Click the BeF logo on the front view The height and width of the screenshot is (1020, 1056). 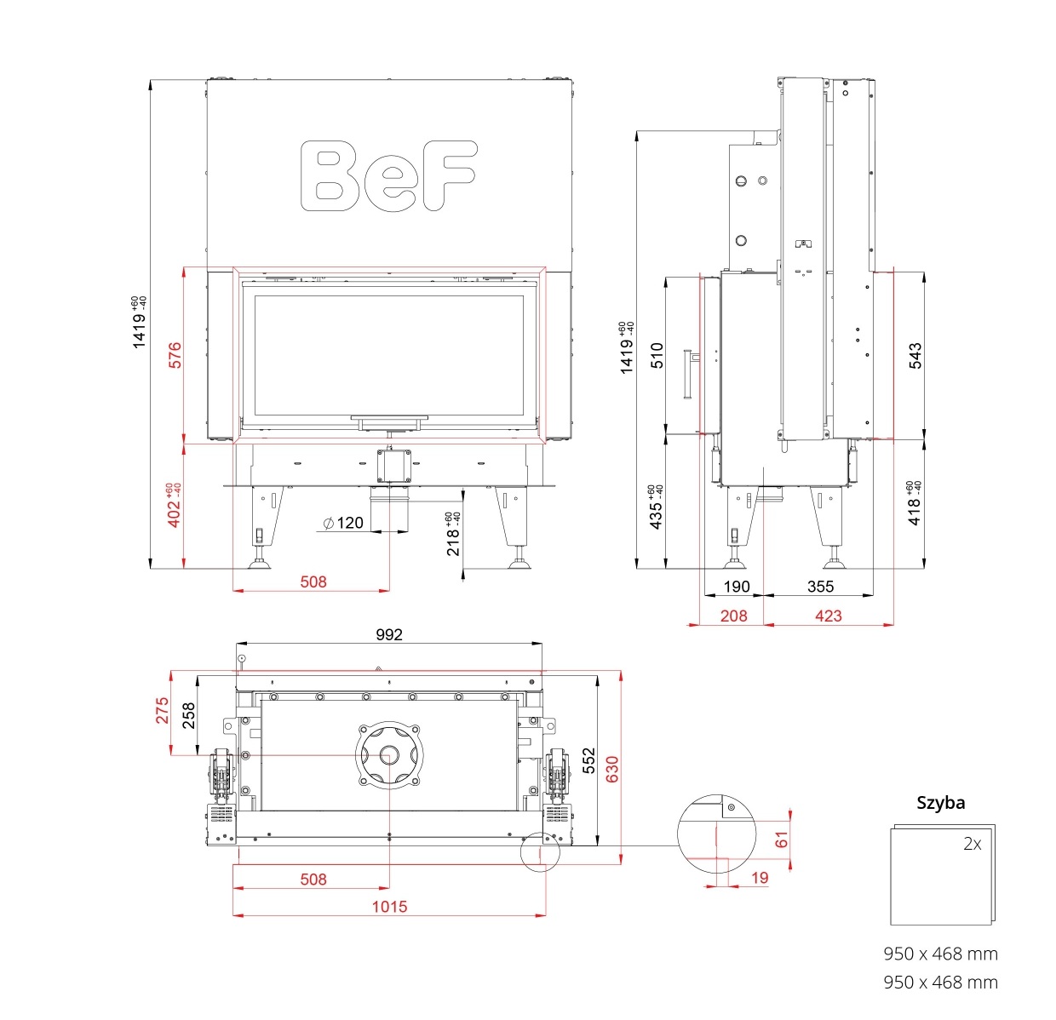point(388,175)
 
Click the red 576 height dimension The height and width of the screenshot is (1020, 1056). point(175,355)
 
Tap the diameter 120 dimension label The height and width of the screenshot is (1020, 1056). point(343,523)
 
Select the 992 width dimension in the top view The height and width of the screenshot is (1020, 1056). point(389,634)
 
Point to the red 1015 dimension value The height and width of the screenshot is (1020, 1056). point(389,906)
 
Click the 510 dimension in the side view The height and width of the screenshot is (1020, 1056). point(657,355)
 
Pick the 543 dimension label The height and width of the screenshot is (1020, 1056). point(915,355)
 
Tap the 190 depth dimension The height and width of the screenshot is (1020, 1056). point(737,587)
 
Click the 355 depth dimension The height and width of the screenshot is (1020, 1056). point(820,587)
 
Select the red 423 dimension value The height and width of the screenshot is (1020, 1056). point(829,616)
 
